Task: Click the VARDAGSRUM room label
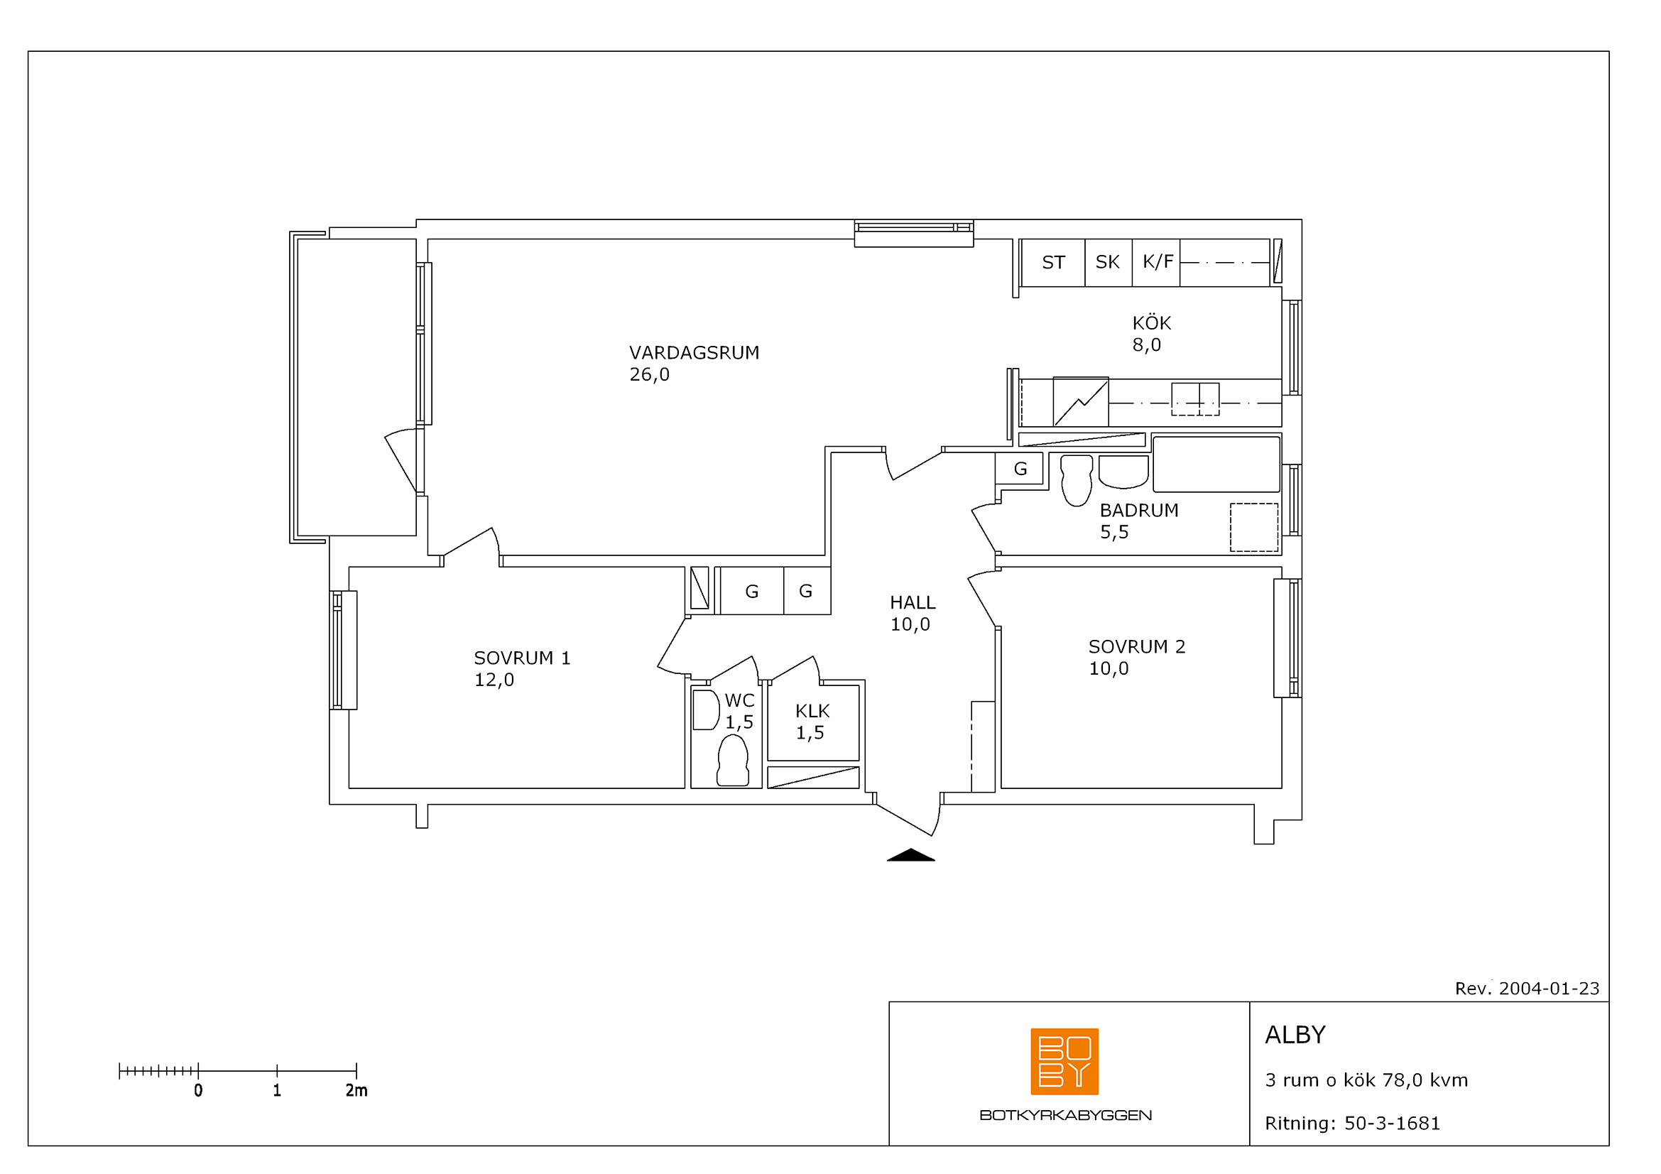point(694,353)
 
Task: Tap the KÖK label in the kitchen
point(1151,322)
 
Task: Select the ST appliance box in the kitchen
point(1053,263)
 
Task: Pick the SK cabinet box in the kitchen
point(1109,263)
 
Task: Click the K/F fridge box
point(1156,263)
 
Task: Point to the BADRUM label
point(1138,510)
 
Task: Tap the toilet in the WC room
point(732,760)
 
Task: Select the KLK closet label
point(812,711)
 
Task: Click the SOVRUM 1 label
point(522,658)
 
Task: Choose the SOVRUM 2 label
point(1136,647)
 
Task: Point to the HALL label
point(913,602)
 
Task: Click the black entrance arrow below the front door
point(911,855)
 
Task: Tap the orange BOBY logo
point(1064,1061)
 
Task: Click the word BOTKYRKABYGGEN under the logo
point(1065,1116)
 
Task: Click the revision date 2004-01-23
point(1549,989)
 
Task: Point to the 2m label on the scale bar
point(356,1091)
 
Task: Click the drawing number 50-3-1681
point(1392,1124)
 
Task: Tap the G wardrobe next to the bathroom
point(1019,469)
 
